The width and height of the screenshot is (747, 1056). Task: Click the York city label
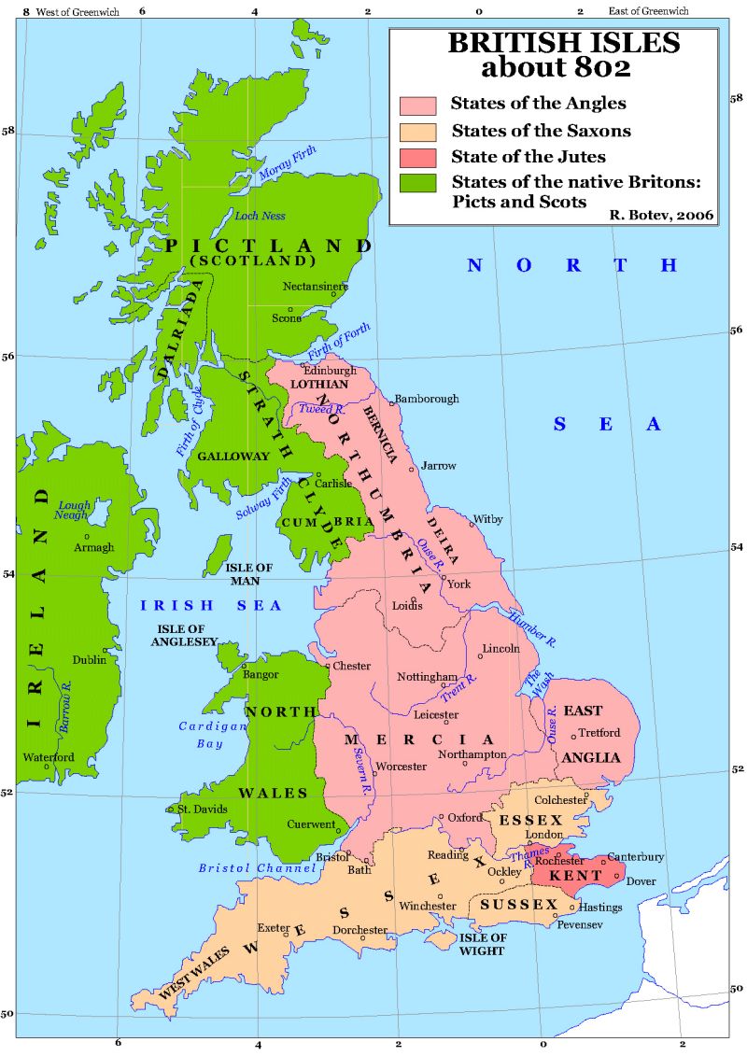[x=459, y=584]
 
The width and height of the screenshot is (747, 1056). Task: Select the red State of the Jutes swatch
[x=418, y=156]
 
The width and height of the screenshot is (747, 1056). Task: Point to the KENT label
[x=570, y=877]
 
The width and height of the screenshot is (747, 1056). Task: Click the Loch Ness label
[x=259, y=216]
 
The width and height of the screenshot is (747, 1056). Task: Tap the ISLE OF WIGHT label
[x=481, y=944]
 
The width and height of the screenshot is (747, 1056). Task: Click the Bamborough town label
[x=427, y=399]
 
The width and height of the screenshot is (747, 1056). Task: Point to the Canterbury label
[x=635, y=856]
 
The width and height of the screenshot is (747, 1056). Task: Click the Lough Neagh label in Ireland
[x=74, y=512]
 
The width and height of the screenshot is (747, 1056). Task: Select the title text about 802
[x=555, y=68]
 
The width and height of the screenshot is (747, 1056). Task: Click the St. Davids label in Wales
[x=203, y=809]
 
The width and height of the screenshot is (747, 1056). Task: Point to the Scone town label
[x=286, y=317]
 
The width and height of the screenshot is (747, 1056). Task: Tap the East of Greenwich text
[x=648, y=11]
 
